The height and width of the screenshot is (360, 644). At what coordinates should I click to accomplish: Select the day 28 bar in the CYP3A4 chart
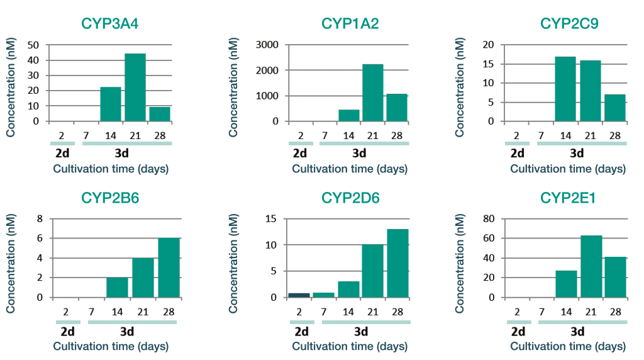pos(160,114)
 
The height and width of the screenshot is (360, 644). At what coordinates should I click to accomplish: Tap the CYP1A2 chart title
pos(350,24)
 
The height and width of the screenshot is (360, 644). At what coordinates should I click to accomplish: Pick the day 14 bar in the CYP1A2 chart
pos(348,115)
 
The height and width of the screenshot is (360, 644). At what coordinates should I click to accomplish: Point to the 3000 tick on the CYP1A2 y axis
pos(267,45)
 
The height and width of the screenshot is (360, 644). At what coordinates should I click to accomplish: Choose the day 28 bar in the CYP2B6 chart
pos(169,267)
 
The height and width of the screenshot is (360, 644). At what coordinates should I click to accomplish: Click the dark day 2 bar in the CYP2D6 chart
pos(299,295)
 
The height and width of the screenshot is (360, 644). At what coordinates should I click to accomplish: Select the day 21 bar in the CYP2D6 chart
pos(373,271)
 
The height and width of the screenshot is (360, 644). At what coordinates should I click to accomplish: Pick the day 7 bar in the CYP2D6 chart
pos(324,295)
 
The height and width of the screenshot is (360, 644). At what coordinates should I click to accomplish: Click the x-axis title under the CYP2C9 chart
pos(568,169)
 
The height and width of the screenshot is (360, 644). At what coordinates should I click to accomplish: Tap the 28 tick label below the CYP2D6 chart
pos(397,312)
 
